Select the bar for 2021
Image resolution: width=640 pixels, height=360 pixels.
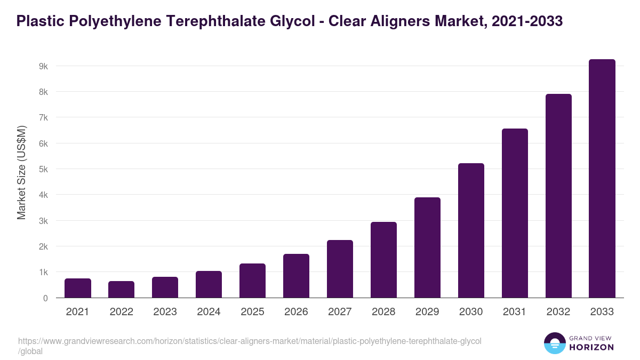tap(78, 288)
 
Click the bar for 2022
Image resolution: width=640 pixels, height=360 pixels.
tap(122, 290)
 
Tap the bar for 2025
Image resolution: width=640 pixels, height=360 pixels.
tap(252, 281)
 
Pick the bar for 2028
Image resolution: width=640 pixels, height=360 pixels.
tap(383, 260)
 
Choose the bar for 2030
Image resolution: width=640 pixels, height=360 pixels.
tap(471, 230)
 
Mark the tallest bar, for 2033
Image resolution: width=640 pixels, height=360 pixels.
tap(602, 179)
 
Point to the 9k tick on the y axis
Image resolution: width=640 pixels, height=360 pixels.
tap(43, 66)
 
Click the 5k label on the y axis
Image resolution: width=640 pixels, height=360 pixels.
tap(43, 169)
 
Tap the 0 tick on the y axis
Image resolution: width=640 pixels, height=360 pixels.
tap(45, 298)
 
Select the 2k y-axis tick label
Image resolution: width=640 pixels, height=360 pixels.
tap(43, 246)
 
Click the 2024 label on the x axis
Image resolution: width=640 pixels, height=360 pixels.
tap(209, 312)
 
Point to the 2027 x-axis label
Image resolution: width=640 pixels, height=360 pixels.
tap(340, 312)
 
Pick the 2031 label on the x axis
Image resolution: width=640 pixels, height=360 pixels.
tap(515, 312)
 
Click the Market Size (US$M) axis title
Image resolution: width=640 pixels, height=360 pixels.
tap(21, 173)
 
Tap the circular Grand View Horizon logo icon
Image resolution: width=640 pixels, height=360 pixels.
tap(554, 343)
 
